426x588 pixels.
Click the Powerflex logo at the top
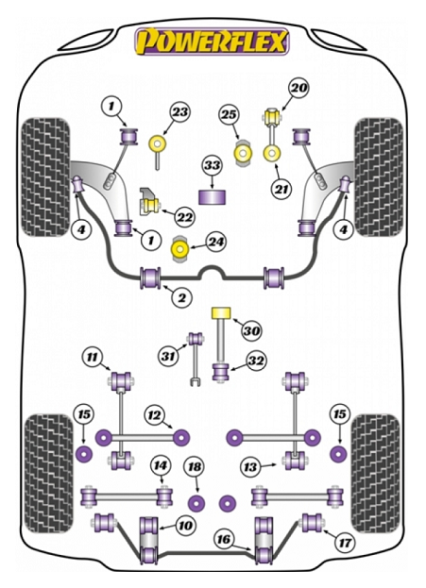(213, 41)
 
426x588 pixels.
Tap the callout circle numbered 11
(92, 357)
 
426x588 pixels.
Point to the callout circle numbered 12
(153, 414)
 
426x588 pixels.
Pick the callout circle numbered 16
(223, 539)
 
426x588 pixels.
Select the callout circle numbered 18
(194, 466)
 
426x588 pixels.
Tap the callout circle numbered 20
(298, 89)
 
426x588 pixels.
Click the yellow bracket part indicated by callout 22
(146, 198)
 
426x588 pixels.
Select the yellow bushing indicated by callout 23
(157, 144)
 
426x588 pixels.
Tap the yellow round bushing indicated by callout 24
(177, 251)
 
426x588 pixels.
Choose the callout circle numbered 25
(228, 115)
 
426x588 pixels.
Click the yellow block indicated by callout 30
(222, 313)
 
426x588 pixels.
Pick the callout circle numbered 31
(168, 355)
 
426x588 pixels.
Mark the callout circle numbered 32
(256, 360)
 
